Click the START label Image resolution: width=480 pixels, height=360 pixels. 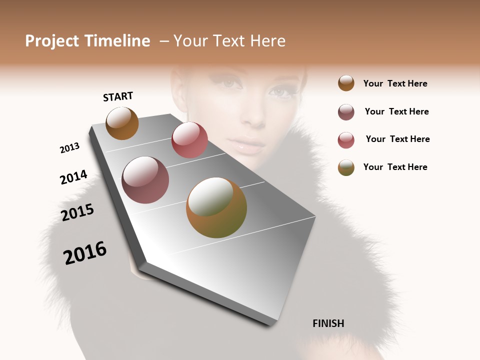pos(118,96)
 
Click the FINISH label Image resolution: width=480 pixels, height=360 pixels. pos(328,323)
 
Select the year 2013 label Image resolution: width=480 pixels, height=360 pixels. pos(69,147)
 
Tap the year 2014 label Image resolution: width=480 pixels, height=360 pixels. pos(73,177)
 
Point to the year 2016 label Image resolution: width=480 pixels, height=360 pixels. pos(85,253)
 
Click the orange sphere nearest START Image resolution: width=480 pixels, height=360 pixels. pos(122,123)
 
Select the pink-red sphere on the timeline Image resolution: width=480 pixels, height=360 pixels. pos(189,140)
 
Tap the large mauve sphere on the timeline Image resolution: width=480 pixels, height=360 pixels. pos(145,180)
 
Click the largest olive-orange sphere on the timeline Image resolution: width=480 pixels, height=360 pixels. pos(216,207)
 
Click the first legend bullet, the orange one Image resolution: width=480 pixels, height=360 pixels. pos(346,83)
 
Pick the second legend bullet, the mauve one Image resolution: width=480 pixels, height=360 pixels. pos(346,112)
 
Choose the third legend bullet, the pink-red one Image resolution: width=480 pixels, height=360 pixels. pos(346,140)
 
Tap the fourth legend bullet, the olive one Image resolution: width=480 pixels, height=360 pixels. pos(346,167)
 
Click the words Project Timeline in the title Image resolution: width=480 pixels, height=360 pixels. pos(87,41)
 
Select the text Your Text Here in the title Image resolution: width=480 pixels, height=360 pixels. pos(229,41)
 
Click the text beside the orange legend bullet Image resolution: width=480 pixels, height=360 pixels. pos(395,83)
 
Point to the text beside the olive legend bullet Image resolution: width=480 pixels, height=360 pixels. pos(395,167)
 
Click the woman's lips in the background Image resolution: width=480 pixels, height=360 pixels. pos(249,146)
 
